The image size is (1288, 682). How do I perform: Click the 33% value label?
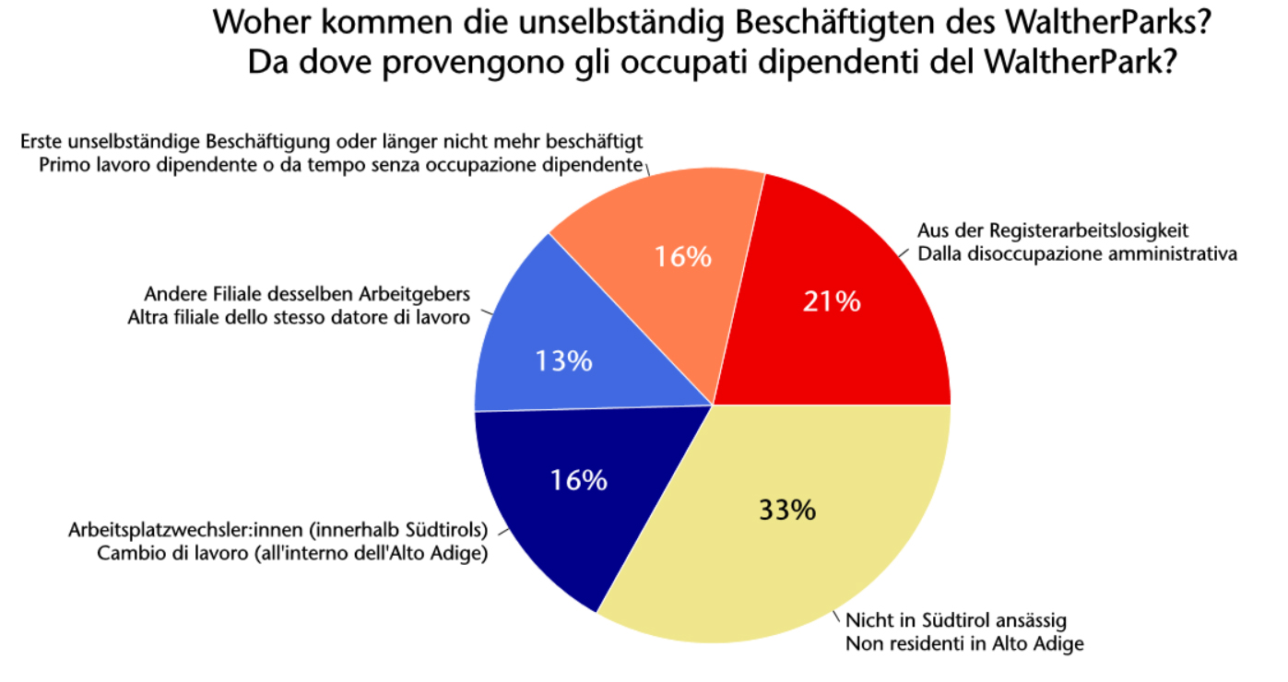tap(787, 510)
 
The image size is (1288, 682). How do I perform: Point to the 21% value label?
tap(831, 301)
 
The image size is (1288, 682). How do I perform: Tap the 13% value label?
tap(563, 361)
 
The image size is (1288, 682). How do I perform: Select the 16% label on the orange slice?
tap(683, 256)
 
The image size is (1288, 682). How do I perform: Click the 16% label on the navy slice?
tap(579, 480)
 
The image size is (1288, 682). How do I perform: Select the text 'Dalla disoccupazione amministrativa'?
tap(1077, 253)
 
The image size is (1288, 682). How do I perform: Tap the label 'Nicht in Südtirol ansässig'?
tap(956, 620)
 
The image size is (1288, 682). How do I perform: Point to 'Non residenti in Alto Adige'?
tap(964, 644)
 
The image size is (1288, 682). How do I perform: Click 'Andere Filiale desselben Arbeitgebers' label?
tap(307, 295)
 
